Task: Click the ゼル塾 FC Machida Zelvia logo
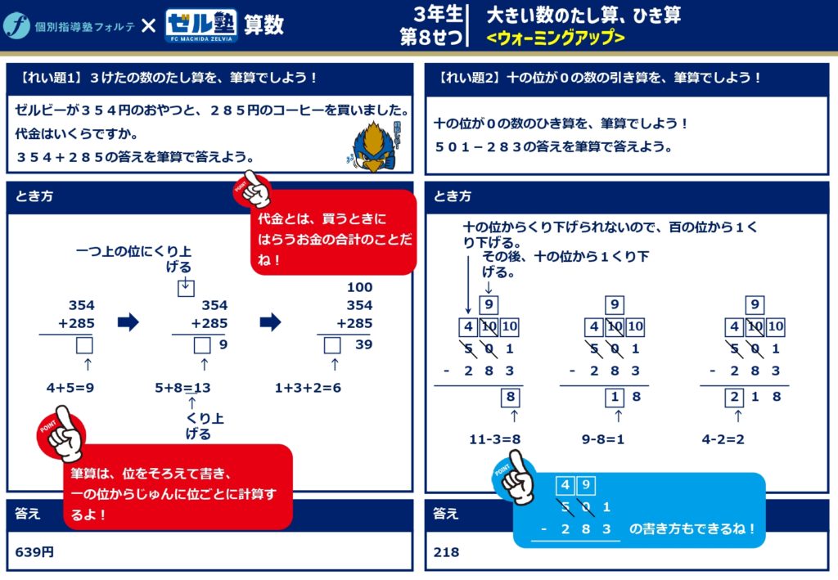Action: tap(201, 25)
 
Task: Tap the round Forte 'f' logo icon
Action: tap(16, 25)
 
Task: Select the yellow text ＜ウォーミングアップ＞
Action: tap(556, 38)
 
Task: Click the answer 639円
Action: tap(34, 551)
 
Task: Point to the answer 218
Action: tap(446, 552)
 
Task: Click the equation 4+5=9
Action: tap(70, 387)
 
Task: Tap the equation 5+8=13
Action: tap(182, 387)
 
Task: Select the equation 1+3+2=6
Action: tap(308, 387)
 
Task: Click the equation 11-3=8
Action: tap(495, 439)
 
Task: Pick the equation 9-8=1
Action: tap(603, 439)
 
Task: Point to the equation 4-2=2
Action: tap(723, 439)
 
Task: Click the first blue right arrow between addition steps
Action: tap(128, 322)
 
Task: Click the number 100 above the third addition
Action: tap(360, 287)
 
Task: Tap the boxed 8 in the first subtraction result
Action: tap(511, 397)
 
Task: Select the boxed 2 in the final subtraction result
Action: tap(734, 397)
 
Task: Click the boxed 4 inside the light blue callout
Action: tap(565, 485)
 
